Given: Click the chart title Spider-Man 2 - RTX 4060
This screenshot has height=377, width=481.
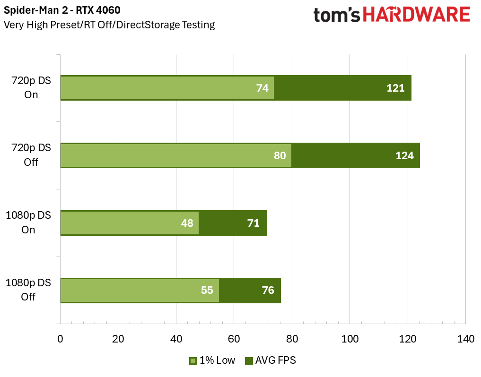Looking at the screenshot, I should click(x=62, y=10).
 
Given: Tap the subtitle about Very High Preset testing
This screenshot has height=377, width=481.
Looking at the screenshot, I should click(x=109, y=25).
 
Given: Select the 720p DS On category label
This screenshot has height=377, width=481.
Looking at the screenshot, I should click(x=31, y=87).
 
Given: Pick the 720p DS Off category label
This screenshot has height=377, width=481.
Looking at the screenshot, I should click(x=31, y=155).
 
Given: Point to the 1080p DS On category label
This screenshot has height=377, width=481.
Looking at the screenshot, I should click(x=28, y=223).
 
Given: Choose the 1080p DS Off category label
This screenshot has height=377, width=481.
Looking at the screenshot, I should click(x=28, y=290).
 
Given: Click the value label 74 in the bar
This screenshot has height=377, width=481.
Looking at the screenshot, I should click(x=262, y=88).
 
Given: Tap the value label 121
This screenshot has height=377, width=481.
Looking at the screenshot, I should click(x=395, y=88).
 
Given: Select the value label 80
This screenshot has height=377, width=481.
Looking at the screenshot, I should click(x=280, y=155).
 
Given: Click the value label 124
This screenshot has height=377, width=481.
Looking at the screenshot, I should click(x=404, y=155).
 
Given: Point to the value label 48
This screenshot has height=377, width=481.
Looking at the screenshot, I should click(x=187, y=223).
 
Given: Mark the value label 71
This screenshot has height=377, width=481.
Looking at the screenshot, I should click(x=254, y=223).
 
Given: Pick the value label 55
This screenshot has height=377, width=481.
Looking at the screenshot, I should click(x=207, y=290).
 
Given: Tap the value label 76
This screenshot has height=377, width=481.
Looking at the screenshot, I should click(x=268, y=290).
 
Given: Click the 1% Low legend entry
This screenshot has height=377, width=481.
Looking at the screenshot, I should click(x=212, y=360).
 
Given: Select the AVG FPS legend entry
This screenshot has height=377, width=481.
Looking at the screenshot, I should click(x=270, y=360).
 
